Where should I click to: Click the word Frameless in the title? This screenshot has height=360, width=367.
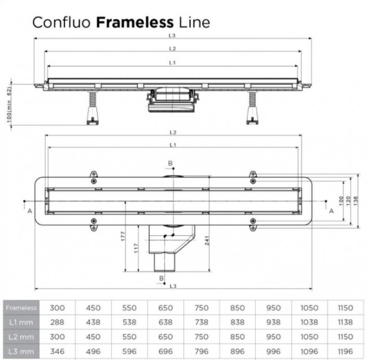[135, 23]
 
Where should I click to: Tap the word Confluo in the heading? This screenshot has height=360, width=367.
[63, 23]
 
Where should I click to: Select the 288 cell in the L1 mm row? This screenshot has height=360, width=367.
[58, 322]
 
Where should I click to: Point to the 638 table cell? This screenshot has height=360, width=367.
[165, 322]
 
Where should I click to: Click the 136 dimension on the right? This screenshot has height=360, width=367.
[356, 200]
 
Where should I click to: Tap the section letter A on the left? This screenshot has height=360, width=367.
[29, 210]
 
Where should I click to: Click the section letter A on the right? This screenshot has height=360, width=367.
[331, 210]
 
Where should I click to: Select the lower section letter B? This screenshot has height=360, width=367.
[161, 278]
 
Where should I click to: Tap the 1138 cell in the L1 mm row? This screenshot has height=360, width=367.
[345, 322]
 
